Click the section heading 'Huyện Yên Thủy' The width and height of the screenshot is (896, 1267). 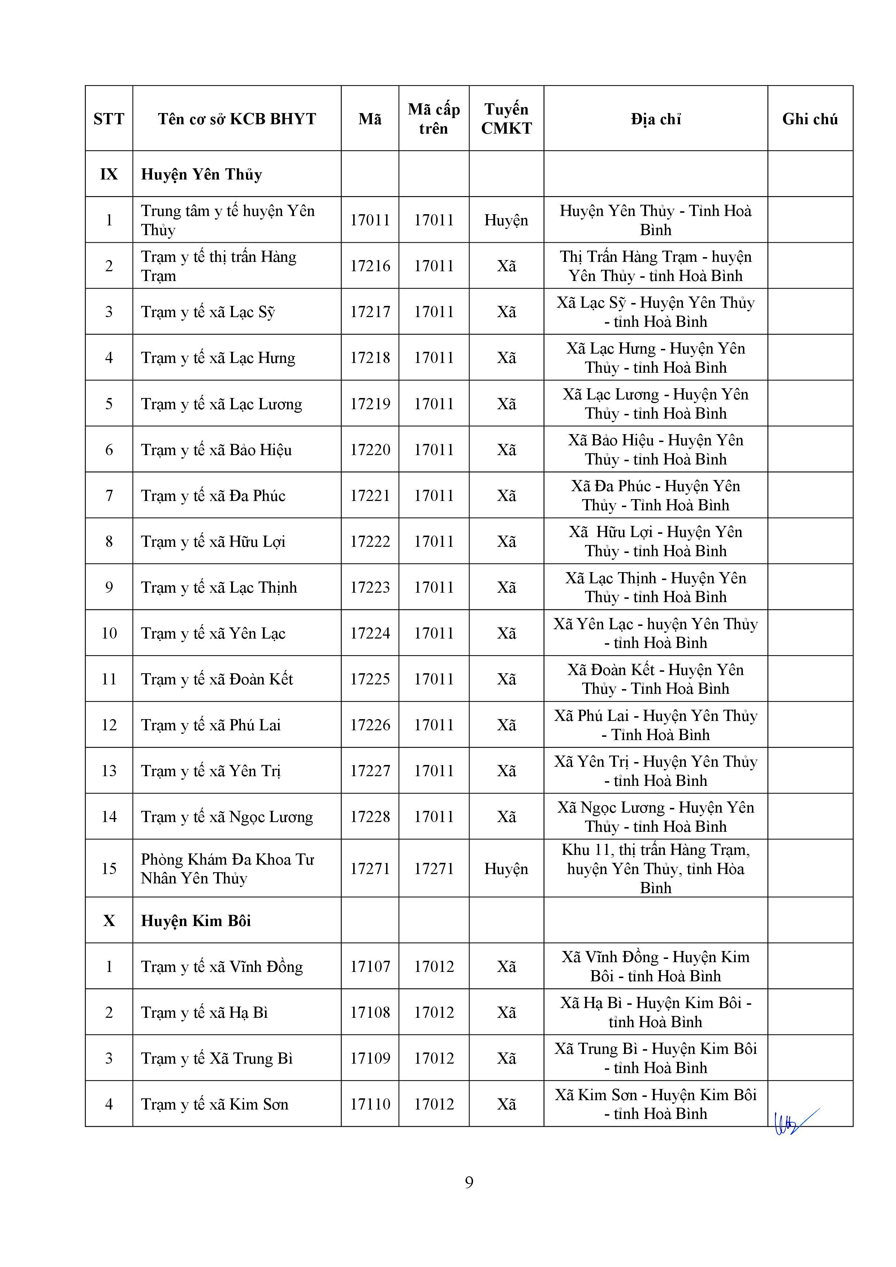coord(202,174)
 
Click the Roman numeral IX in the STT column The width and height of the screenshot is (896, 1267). coord(109,174)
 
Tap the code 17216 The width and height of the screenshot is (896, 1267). coord(370,266)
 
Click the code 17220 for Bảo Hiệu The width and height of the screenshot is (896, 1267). coord(370,450)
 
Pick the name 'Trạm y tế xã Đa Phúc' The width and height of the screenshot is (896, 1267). coord(213,496)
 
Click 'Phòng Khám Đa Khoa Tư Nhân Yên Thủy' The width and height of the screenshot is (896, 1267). coord(227,869)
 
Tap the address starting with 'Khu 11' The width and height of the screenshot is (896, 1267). coord(655,869)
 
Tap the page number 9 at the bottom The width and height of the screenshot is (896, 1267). coord(469,1182)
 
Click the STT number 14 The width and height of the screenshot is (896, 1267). coord(109,816)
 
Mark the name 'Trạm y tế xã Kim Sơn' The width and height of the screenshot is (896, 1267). coord(214,1104)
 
